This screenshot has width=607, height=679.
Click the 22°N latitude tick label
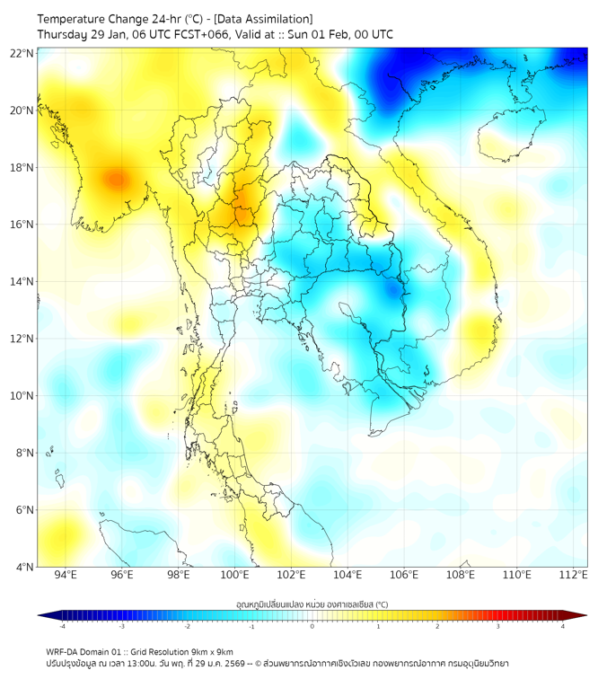coord(22,53)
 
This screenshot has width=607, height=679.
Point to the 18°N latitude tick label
coord(22,167)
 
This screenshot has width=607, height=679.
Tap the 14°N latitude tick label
coord(22,281)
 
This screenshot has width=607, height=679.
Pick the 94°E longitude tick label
coord(66,575)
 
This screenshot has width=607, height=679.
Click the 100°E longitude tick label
coord(234,575)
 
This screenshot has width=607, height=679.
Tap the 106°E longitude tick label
coord(404,575)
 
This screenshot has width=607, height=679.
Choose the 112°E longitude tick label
coord(573,575)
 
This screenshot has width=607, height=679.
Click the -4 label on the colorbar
coord(62,626)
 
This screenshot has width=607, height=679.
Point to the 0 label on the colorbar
coord(312,626)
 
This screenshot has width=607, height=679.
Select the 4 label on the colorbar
coord(563,626)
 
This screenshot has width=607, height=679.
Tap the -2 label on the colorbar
coord(187,626)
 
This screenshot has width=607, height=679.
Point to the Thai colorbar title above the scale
coord(312,604)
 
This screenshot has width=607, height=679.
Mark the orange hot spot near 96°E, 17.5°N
coord(115,179)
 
